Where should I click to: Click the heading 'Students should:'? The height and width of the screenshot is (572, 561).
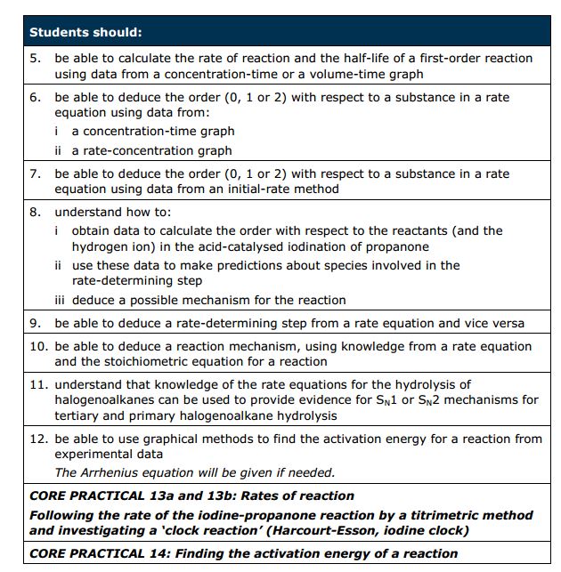[x=85, y=32]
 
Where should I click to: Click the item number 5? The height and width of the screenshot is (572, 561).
[x=36, y=59]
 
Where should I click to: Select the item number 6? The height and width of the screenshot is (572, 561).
[x=36, y=98]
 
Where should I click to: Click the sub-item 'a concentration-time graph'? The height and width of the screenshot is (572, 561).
[x=153, y=132]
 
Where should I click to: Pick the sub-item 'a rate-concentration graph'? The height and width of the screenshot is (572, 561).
[x=151, y=151]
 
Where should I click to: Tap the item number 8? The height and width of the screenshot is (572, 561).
[x=36, y=213]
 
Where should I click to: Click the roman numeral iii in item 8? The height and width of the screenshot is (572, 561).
[x=61, y=300]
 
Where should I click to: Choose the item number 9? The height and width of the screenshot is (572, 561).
[x=36, y=324]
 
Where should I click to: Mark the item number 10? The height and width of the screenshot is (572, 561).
[x=38, y=346]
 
